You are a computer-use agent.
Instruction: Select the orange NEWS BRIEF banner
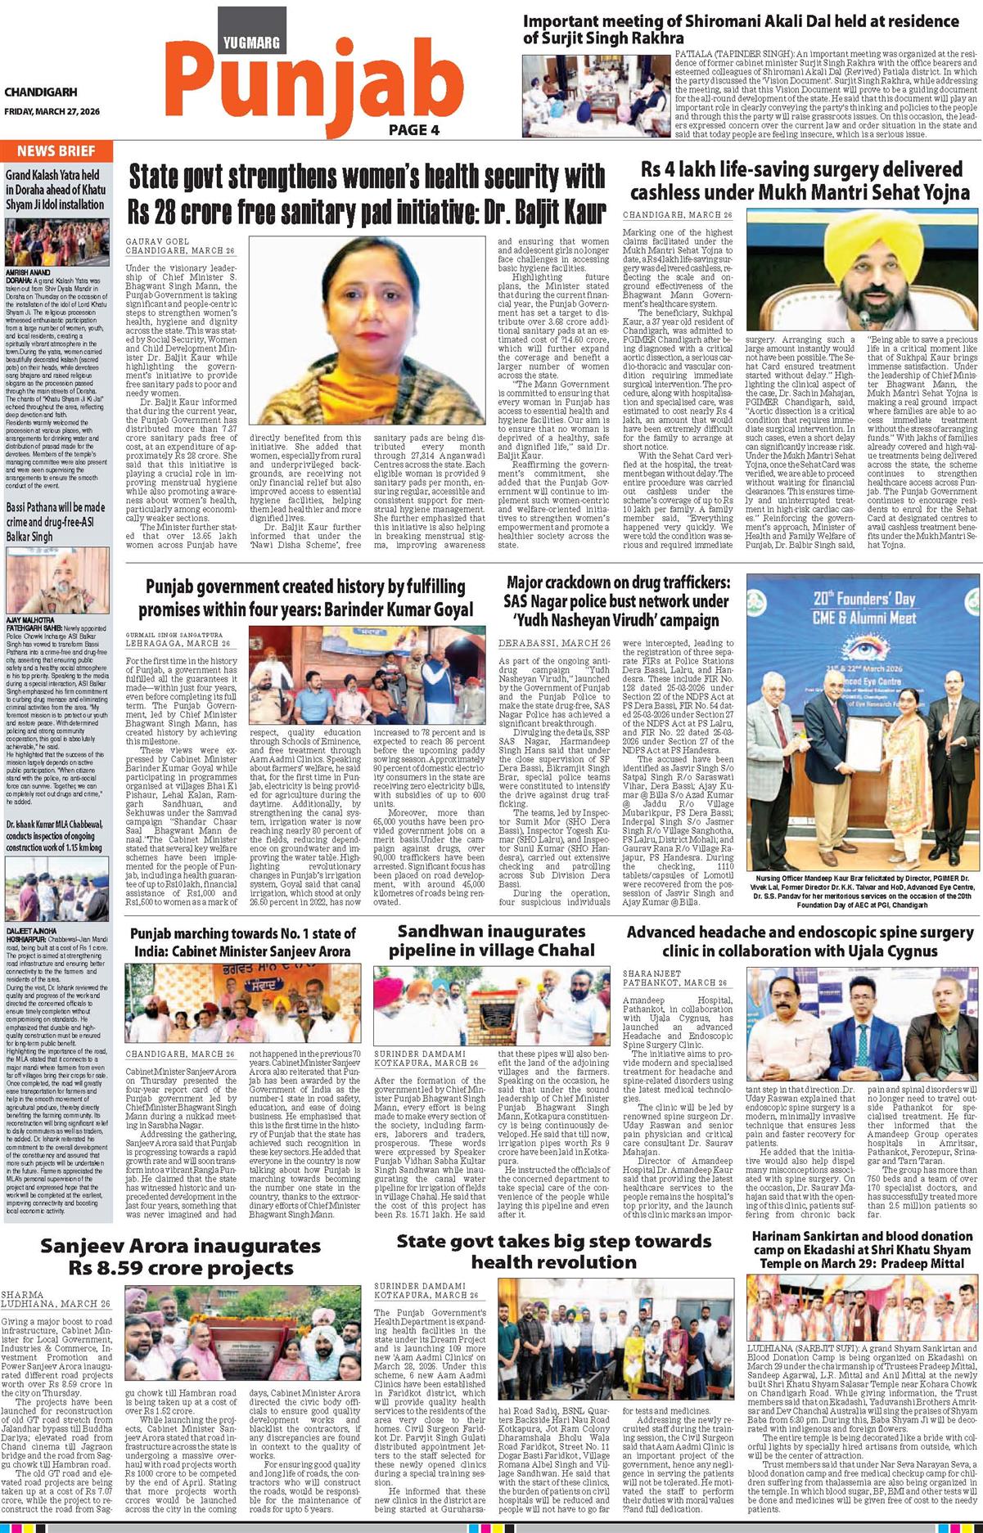(x=56, y=151)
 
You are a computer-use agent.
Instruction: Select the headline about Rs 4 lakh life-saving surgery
(x=799, y=181)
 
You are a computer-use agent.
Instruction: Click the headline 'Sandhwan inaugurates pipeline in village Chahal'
(x=491, y=941)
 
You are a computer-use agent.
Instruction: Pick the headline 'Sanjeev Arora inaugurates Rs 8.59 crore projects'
(x=182, y=1257)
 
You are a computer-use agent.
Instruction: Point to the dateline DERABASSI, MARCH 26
(x=554, y=644)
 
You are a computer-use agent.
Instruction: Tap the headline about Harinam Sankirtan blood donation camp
(x=863, y=1250)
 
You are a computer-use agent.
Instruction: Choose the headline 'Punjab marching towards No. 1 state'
(x=243, y=942)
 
